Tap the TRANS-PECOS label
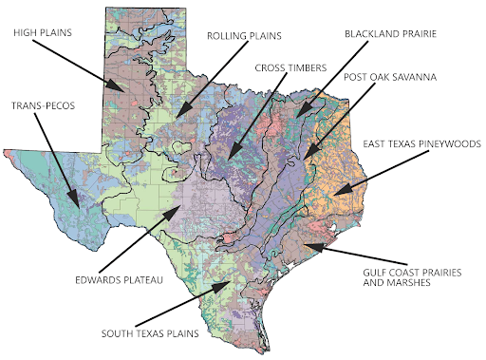click(x=43, y=104)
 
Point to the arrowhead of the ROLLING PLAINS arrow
click(x=177, y=117)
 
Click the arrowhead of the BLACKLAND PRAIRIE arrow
click(x=293, y=120)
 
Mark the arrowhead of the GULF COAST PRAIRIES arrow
click(x=305, y=245)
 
